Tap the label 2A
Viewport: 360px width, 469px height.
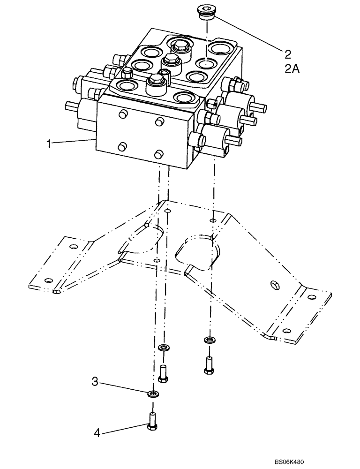[x=291, y=69]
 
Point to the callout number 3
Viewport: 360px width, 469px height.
[x=95, y=382]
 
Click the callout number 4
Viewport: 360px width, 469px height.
[x=97, y=433]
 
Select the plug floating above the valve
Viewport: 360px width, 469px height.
[x=205, y=13]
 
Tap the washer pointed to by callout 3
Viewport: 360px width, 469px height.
[x=153, y=393]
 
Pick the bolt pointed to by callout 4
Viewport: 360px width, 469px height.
[x=152, y=420]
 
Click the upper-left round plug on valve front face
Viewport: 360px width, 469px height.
[x=122, y=114]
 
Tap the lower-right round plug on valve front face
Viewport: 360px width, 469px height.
[x=158, y=154]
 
